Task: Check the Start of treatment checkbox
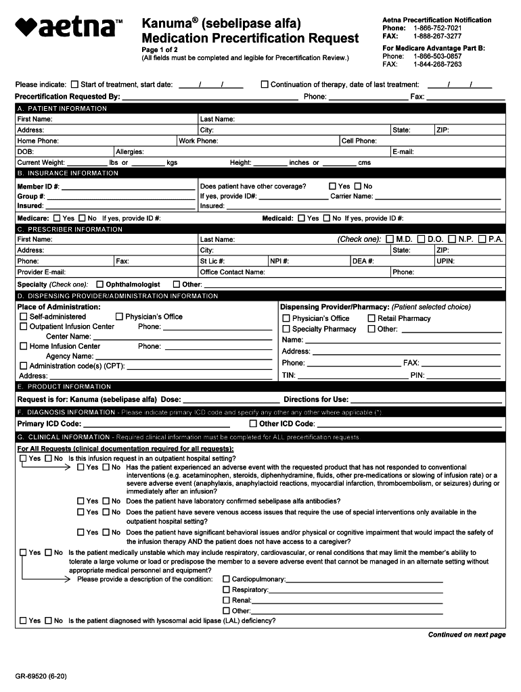click(74, 84)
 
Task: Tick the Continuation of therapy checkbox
click(265, 84)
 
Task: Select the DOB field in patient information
click(64, 152)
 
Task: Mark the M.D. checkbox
click(389, 239)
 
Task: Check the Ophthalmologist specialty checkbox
click(99, 285)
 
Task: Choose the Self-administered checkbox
click(24, 317)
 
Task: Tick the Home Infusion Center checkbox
click(24, 347)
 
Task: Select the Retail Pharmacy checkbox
click(371, 318)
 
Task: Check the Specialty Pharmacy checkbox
click(286, 329)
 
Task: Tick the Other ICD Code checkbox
click(253, 424)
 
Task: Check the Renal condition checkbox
click(227, 600)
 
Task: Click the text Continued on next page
click(466, 635)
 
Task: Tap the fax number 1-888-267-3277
click(437, 36)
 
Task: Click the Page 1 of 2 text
click(159, 50)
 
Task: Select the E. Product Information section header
click(64, 387)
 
